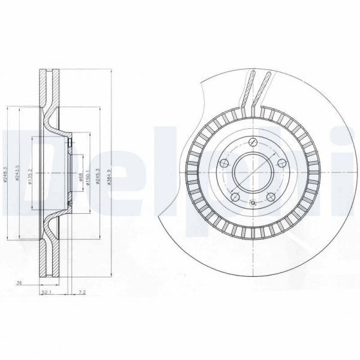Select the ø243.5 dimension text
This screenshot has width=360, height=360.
pyautogui.click(x=19, y=174)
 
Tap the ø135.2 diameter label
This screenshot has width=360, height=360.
pyautogui.click(x=30, y=174)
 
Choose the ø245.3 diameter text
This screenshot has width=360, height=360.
pyautogui.click(x=98, y=174)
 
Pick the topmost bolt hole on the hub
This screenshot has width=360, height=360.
pyautogui.click(x=254, y=142)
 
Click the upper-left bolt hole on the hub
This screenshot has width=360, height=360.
pyautogui.click(x=225, y=162)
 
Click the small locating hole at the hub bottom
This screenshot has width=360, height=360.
pyautogui.click(x=254, y=204)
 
